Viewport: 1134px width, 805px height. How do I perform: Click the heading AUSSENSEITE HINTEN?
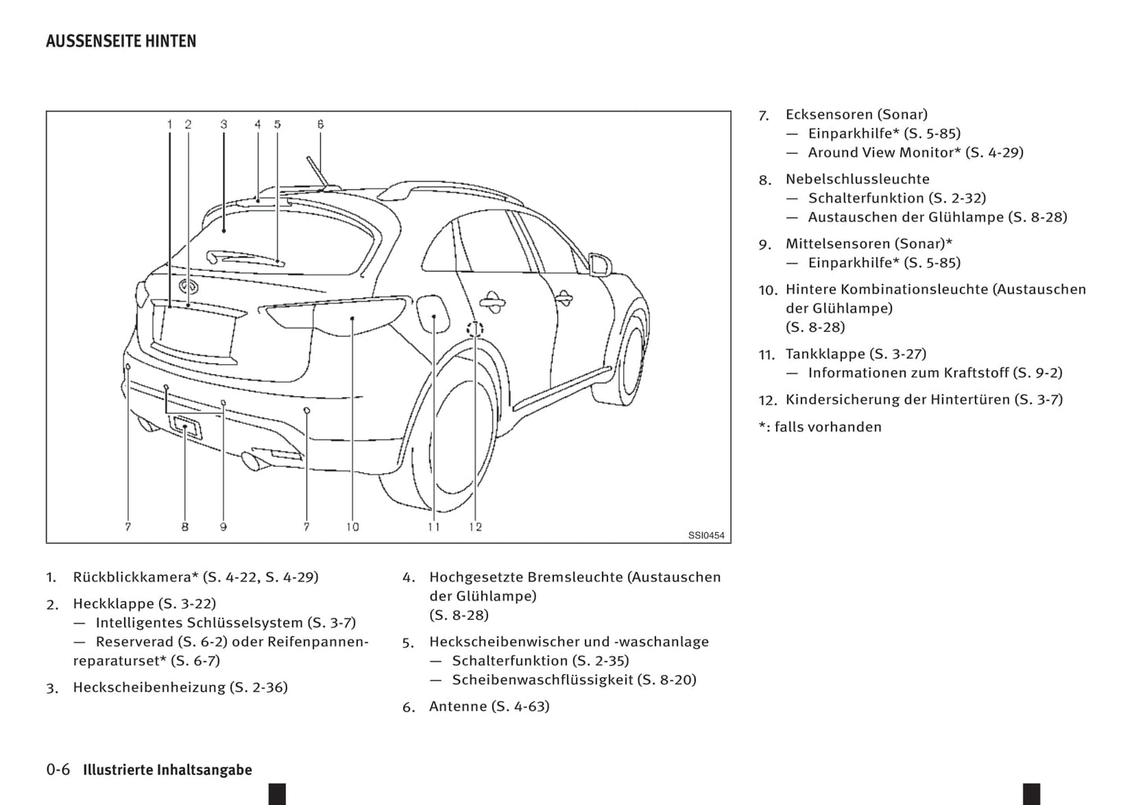121,42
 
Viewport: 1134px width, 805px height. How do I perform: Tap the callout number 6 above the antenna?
320,124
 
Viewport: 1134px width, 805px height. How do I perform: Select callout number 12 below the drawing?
476,527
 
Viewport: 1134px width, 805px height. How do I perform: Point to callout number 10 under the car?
352,527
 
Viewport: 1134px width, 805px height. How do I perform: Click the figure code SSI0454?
706,536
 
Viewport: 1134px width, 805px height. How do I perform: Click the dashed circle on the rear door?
476,329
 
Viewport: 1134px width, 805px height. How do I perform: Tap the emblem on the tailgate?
188,286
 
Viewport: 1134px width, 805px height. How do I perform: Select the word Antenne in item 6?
458,707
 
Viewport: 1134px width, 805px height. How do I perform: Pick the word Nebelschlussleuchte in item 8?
857,180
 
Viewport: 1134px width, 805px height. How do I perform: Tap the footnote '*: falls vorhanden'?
820,428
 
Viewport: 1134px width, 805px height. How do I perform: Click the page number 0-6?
58,770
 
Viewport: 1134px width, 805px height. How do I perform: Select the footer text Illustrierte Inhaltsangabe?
168,770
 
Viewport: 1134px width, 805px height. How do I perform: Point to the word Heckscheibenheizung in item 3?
149,688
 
